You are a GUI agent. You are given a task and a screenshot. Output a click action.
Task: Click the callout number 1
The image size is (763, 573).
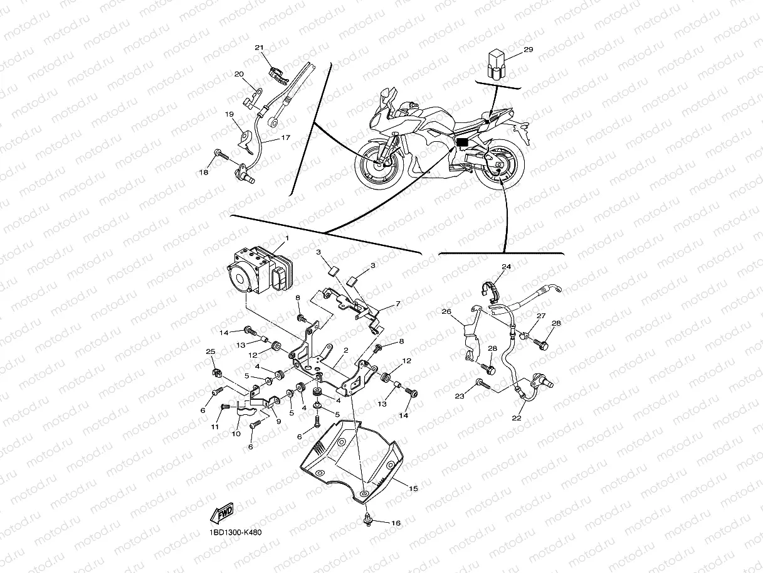[x=287, y=238]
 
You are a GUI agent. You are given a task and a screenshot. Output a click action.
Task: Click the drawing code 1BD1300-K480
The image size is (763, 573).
[x=235, y=533]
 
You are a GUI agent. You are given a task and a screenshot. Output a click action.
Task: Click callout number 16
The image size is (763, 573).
[x=395, y=523]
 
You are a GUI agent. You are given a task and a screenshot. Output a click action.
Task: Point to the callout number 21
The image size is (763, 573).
[x=260, y=48]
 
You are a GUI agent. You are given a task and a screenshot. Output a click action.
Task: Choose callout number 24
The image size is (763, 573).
[x=506, y=267]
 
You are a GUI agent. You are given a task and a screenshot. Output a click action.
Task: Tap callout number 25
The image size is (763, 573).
[x=210, y=351]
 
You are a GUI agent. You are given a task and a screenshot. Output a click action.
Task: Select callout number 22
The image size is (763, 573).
[x=516, y=418]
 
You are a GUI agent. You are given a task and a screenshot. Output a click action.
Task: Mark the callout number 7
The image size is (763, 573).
[x=397, y=304]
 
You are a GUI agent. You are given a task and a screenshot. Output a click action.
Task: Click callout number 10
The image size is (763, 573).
[x=236, y=434]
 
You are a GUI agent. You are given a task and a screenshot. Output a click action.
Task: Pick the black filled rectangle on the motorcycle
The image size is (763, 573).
[x=462, y=142]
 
